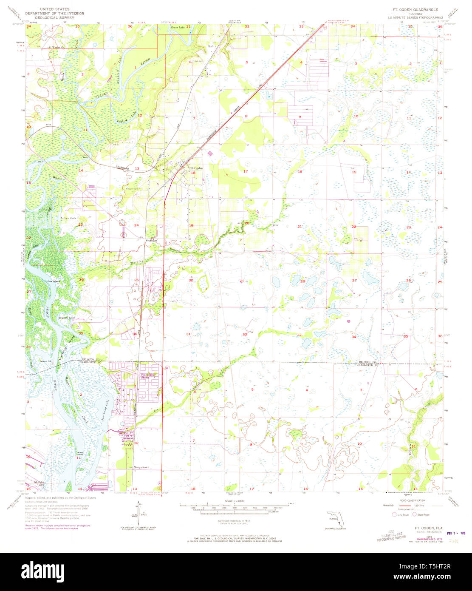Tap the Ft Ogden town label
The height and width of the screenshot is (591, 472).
pyautogui.click(x=196, y=168)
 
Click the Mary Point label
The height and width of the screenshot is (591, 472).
pyautogui.click(x=80, y=453)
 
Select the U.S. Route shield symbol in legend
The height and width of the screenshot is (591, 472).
pyautogui.click(x=394, y=514)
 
